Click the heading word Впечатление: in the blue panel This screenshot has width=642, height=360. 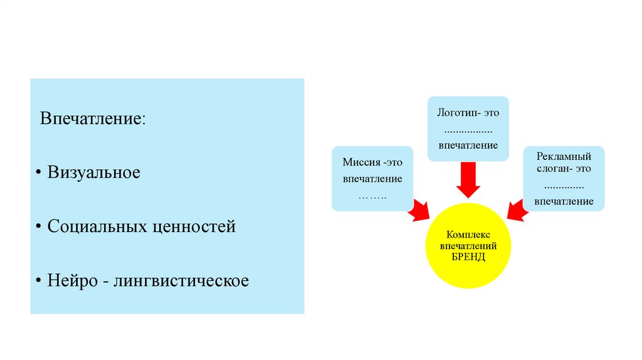93,119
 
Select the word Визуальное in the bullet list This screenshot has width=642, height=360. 93,172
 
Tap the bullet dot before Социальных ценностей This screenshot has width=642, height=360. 39,227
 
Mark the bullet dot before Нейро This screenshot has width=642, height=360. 39,281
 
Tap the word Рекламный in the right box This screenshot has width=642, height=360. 564,156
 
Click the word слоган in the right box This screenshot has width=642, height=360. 552,169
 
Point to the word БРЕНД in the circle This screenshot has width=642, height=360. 468,258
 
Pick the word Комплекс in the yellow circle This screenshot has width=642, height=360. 468,234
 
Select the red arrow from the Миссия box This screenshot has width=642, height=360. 419,211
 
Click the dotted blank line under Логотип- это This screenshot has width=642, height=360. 468,130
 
